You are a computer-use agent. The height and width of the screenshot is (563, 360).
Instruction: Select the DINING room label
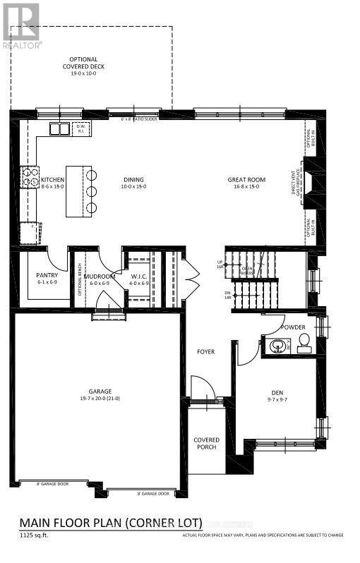point(133,180)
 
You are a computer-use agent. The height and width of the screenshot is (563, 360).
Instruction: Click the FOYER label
point(205,351)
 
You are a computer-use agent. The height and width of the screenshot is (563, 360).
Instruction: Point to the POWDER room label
point(293,327)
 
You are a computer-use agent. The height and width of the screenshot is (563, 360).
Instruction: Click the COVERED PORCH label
point(207,444)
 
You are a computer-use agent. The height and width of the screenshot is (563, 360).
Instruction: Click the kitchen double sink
point(59,129)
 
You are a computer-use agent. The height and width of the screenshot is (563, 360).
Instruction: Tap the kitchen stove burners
point(31,177)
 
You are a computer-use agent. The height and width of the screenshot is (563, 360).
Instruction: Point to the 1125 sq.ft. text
point(34,535)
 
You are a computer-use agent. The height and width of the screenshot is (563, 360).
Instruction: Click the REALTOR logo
point(21,25)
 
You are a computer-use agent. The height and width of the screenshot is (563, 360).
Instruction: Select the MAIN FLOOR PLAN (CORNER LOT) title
point(111,523)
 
